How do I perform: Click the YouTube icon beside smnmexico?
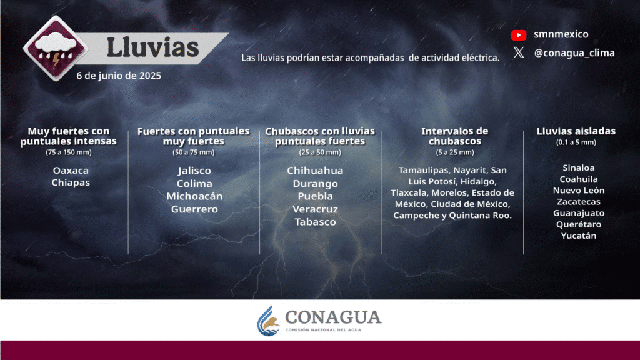[x=519, y=35]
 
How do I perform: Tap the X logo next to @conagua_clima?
[x=519, y=52]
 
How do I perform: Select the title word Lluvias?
[x=152, y=47]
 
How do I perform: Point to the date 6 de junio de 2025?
[x=119, y=76]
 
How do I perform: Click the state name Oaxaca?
[x=71, y=170]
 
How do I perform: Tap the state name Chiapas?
[x=71, y=182]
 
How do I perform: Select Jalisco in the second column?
[x=194, y=171]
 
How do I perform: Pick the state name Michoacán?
[x=194, y=196]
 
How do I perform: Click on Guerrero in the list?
[x=194, y=209]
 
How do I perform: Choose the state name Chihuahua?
[x=315, y=171]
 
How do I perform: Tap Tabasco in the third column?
[x=315, y=222]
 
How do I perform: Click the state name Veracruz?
[x=315, y=209]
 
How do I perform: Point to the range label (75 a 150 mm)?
[x=69, y=152]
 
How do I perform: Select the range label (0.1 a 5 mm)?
[x=576, y=142]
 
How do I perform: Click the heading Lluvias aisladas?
[x=576, y=131]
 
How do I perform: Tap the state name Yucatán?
[x=578, y=236]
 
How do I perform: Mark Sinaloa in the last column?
[x=578, y=167]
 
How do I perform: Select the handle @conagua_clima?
[x=574, y=53]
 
